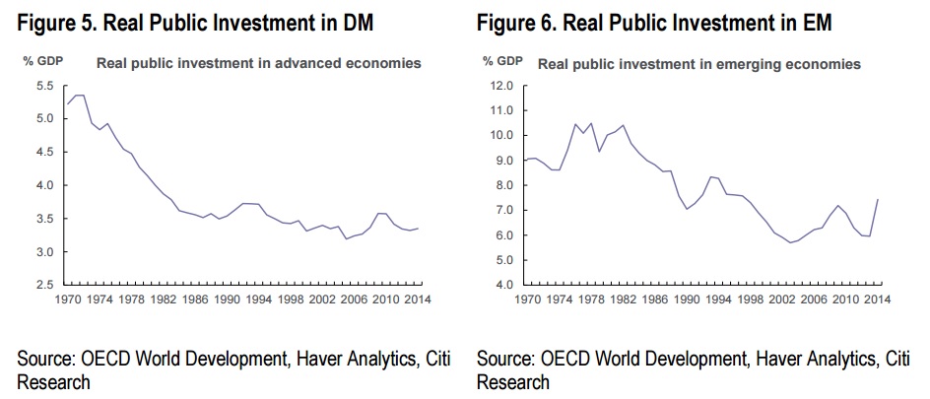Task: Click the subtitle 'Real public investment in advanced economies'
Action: click(258, 63)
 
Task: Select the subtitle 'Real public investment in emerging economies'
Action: click(699, 64)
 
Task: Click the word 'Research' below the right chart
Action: click(513, 381)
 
